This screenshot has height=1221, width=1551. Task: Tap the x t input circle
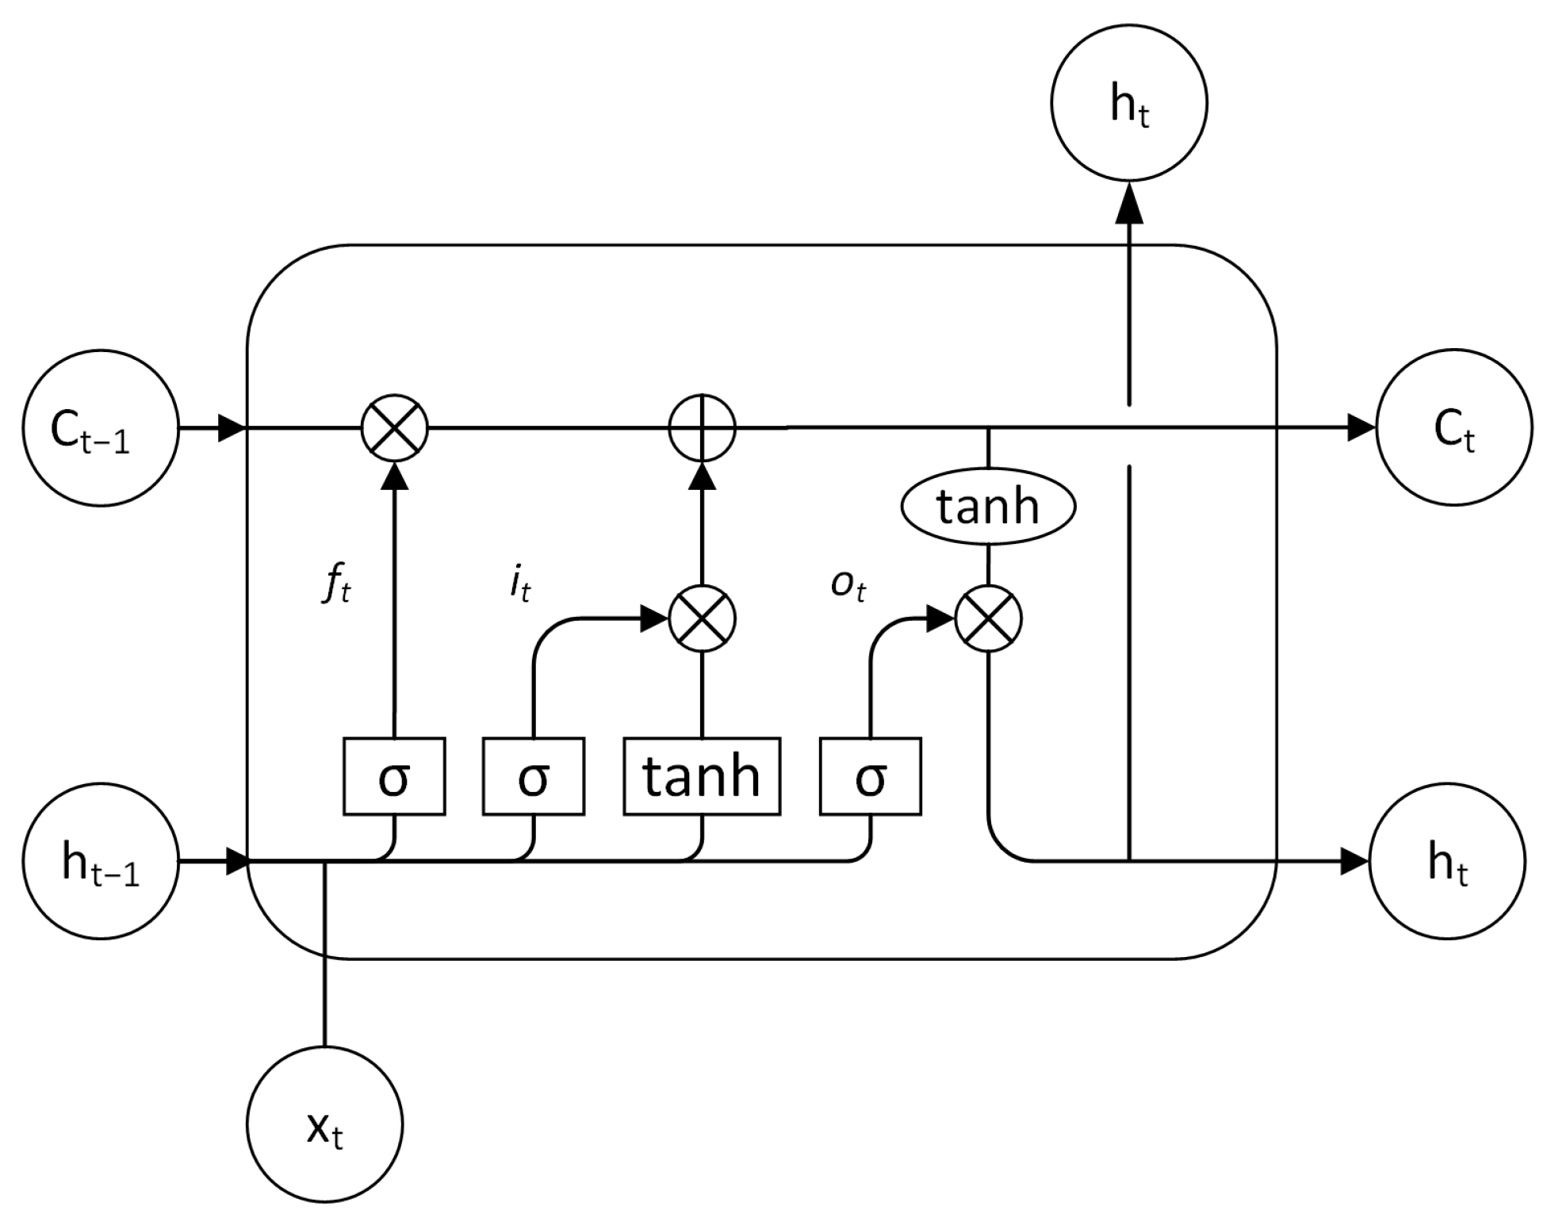click(x=325, y=1124)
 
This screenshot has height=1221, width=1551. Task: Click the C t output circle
click(x=1454, y=428)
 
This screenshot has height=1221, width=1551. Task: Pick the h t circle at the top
click(x=1129, y=103)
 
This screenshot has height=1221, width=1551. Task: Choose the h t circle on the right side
click(x=1448, y=862)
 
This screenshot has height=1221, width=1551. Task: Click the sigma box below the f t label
click(x=394, y=776)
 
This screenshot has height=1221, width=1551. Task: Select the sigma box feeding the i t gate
click(x=534, y=776)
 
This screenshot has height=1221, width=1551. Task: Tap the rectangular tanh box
click(x=702, y=776)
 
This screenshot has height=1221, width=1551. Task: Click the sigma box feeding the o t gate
click(x=871, y=776)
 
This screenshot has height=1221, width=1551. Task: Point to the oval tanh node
click(x=988, y=506)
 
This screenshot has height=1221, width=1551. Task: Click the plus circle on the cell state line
click(x=703, y=428)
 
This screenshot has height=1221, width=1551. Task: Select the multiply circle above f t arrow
click(x=395, y=428)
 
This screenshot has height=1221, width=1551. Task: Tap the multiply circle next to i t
click(x=703, y=619)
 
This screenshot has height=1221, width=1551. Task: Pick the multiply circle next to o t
click(x=988, y=619)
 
